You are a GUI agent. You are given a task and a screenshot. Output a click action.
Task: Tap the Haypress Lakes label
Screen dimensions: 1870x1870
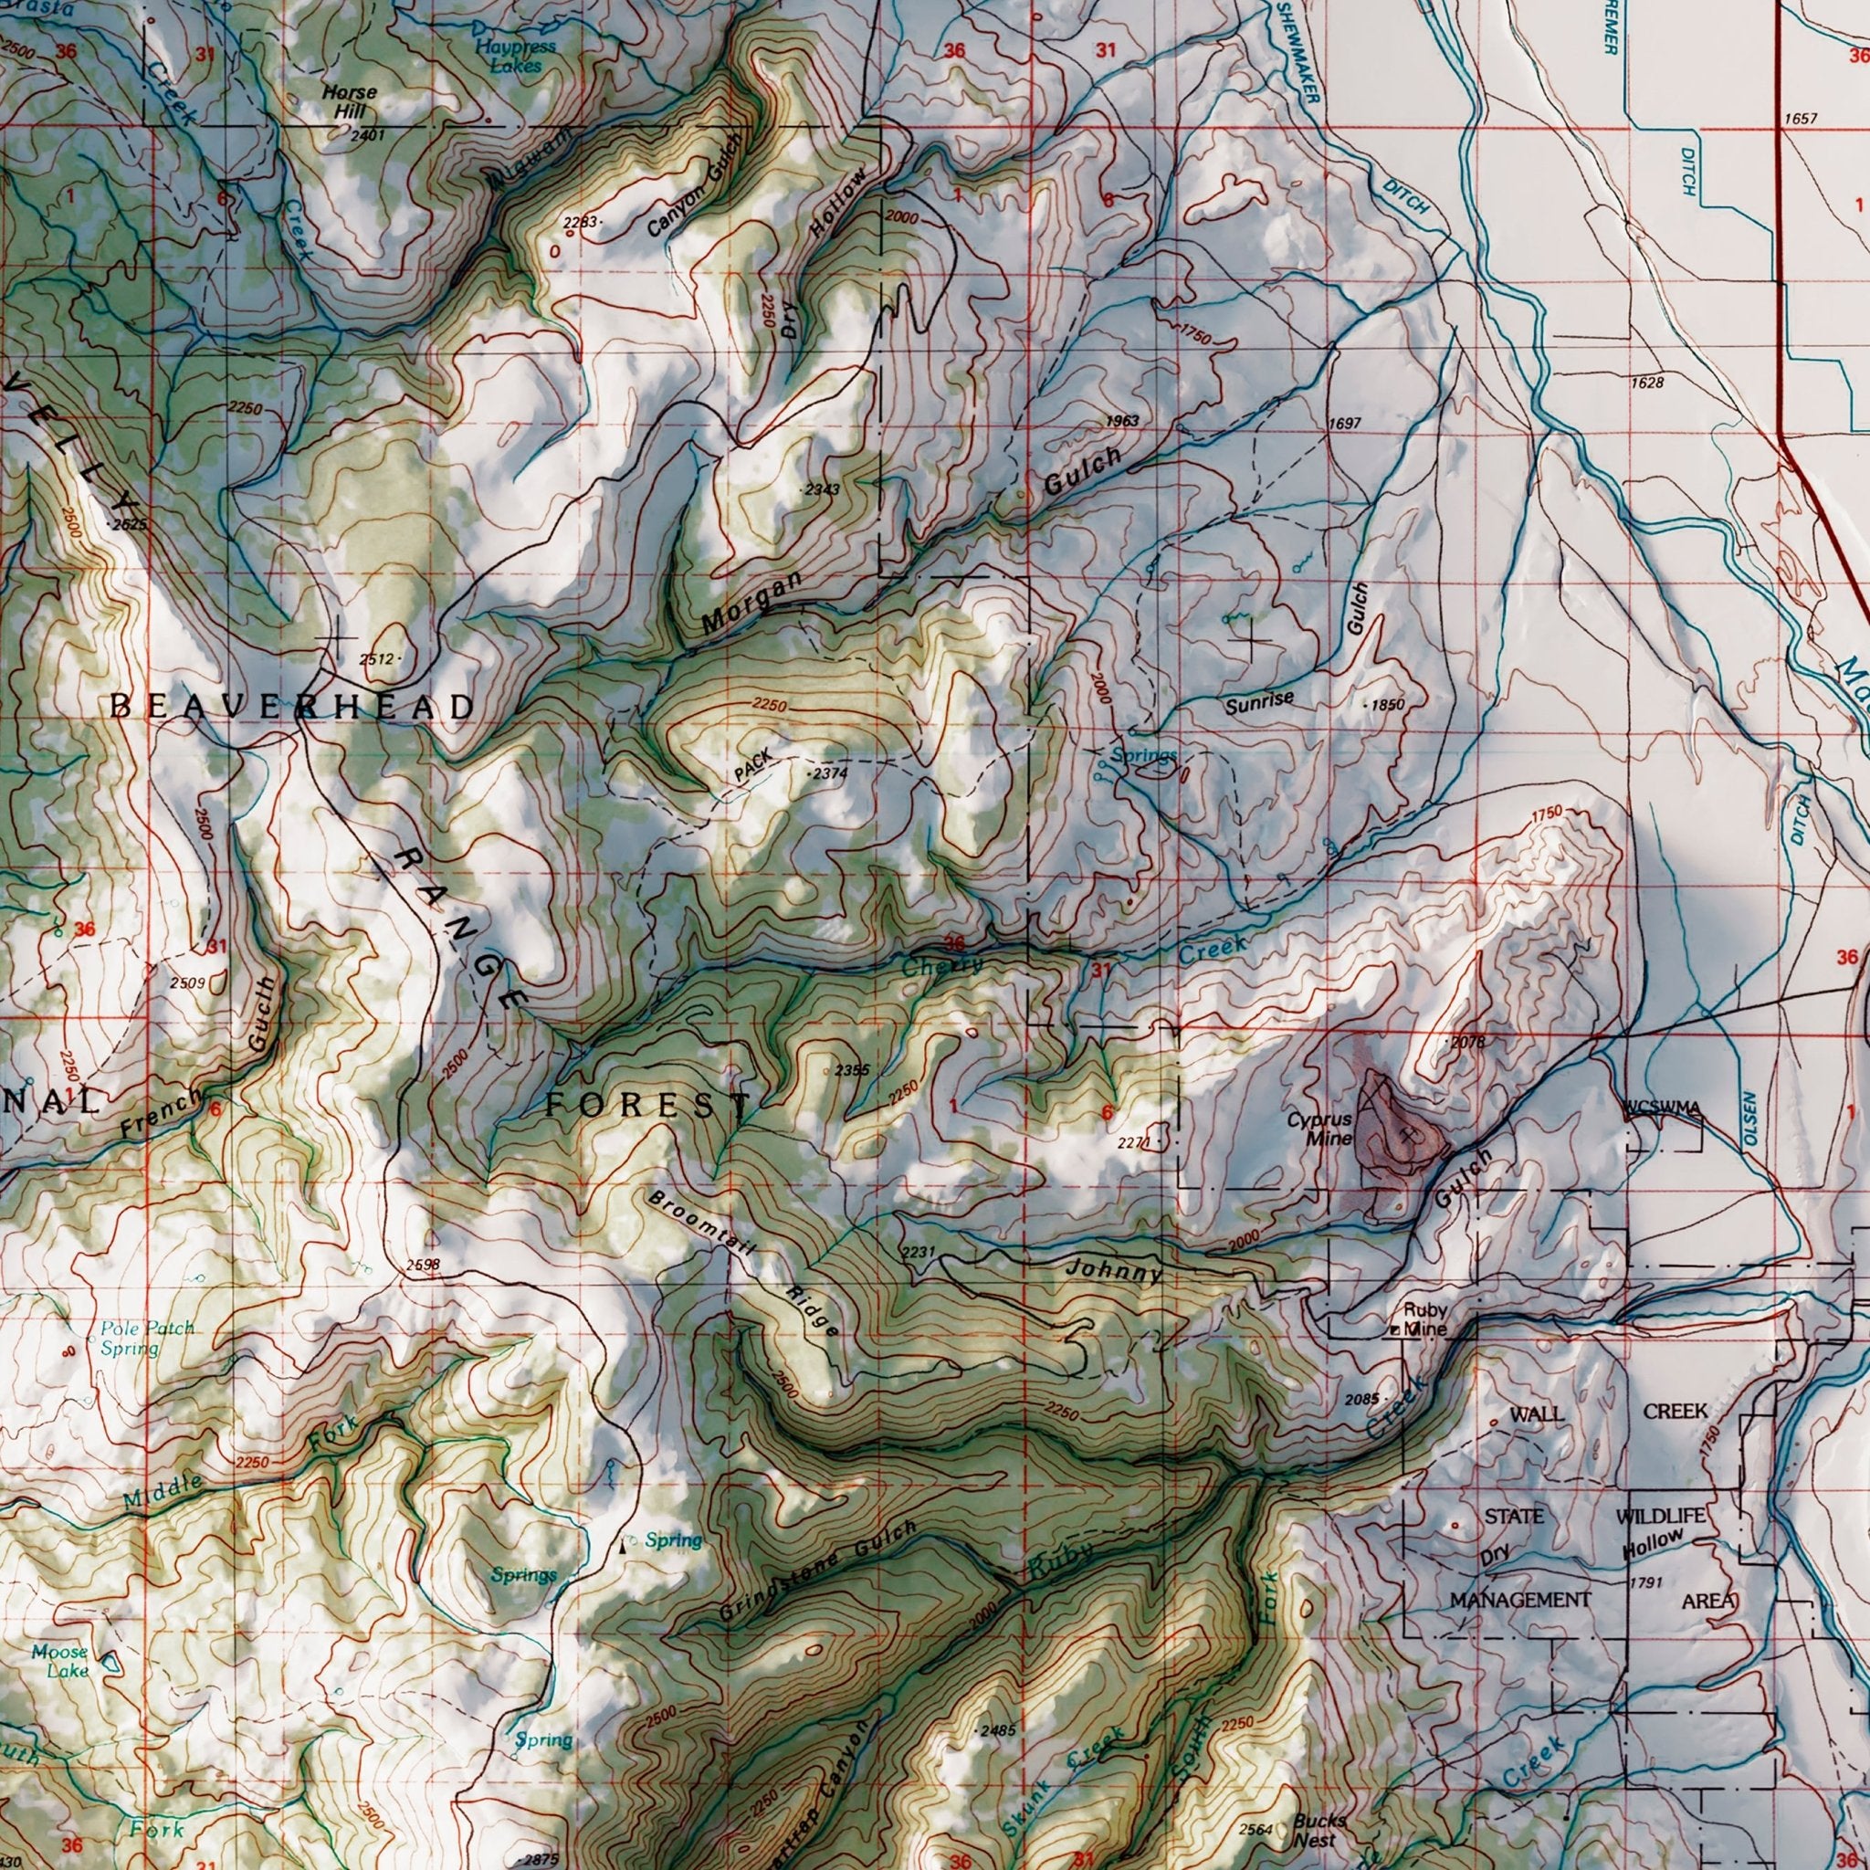point(515,56)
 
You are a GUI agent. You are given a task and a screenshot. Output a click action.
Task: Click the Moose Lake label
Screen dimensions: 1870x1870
point(59,1661)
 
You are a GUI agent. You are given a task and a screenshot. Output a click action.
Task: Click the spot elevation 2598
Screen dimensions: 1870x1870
point(423,1264)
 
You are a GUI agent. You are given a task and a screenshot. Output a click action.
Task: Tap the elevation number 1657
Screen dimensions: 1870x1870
point(1801,119)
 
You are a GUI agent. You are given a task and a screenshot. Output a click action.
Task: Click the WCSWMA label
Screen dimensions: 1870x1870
point(1663,1108)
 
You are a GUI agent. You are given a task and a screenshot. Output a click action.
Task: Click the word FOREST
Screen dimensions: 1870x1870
point(646,1103)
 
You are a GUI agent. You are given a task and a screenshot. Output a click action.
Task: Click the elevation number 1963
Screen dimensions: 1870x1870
point(1123,422)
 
